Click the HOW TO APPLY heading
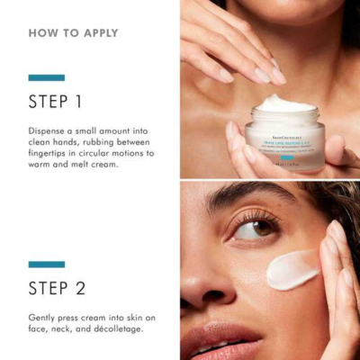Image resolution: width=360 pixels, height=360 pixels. [x=73, y=33]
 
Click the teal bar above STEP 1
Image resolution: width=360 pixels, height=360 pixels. [x=46, y=77]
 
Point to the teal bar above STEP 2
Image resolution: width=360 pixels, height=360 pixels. [x=46, y=264]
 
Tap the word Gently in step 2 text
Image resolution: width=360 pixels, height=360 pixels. [x=44, y=317]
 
